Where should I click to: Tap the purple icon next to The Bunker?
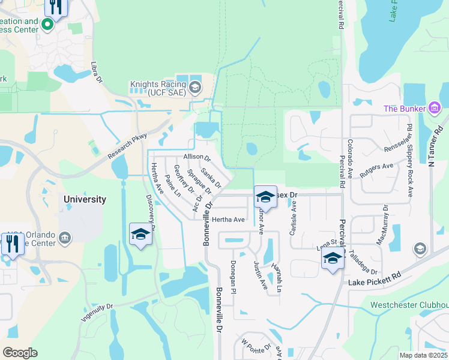tap(435, 108)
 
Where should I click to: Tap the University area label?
tap(85, 199)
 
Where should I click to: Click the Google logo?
tap(19, 352)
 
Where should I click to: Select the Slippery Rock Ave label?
tap(410, 161)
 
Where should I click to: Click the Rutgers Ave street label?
tap(376, 170)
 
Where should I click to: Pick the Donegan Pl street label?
tap(234, 276)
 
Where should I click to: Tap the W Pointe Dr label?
tap(256, 347)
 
